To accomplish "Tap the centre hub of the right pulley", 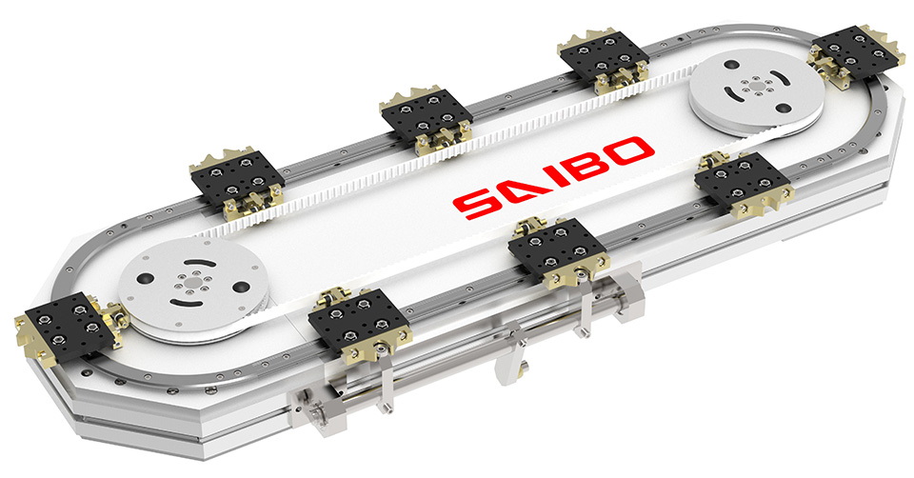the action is [x=757, y=88].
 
